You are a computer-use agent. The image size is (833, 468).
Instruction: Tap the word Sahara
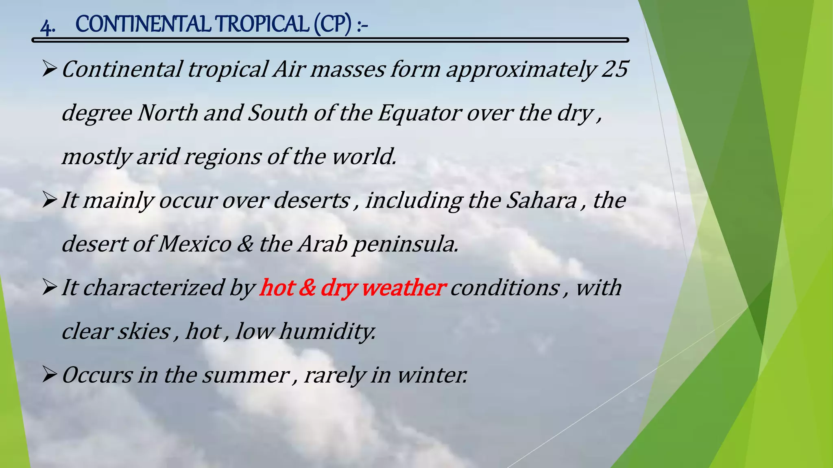[541, 200]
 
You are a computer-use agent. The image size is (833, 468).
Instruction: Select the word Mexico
[194, 244]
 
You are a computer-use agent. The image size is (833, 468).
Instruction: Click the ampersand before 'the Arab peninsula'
[244, 244]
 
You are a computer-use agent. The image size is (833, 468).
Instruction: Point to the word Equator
[419, 113]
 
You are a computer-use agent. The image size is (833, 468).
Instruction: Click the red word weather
[403, 288]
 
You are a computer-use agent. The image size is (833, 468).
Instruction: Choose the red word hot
[277, 288]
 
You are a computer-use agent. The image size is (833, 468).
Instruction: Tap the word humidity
[327, 331]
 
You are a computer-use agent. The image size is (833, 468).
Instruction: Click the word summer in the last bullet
[246, 375]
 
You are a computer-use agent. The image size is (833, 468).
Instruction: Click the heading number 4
[47, 26]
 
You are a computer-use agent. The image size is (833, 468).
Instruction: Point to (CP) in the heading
[332, 24]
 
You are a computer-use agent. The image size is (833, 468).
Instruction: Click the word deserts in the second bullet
[312, 200]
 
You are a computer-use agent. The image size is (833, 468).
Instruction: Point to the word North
[168, 113]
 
